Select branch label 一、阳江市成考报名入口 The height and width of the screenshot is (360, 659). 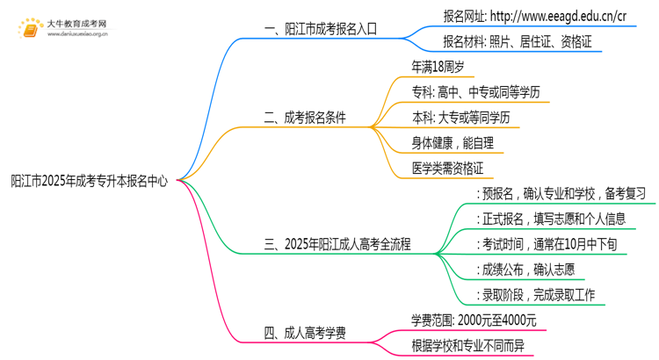click(320, 28)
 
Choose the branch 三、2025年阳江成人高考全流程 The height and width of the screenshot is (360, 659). click(338, 244)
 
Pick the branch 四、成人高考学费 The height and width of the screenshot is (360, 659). click(304, 332)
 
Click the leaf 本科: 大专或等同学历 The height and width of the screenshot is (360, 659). click(460, 117)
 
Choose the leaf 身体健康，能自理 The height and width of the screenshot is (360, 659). click(453, 141)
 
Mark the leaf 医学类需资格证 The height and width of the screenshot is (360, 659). click(447, 167)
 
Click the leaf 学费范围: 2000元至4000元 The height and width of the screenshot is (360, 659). click(473, 320)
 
